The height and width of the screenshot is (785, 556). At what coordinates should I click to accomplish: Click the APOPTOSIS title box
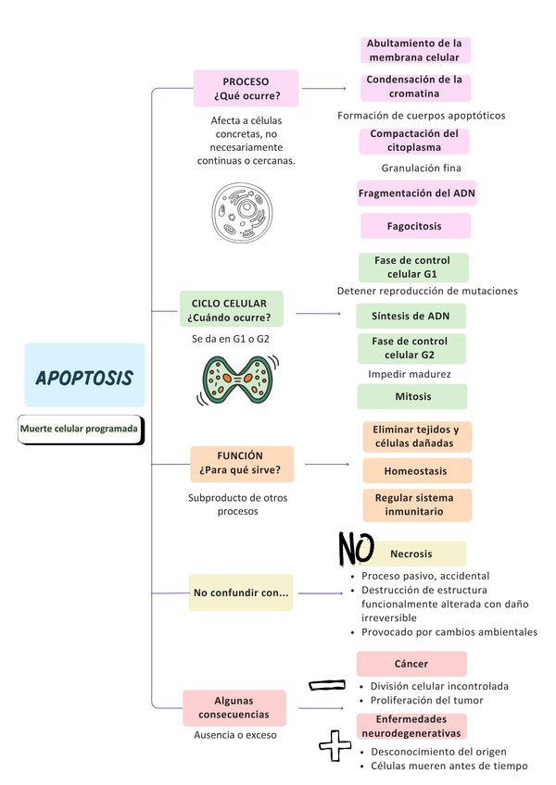tap(84, 376)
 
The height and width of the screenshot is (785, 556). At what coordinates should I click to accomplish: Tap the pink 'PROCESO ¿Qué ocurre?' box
tap(246, 88)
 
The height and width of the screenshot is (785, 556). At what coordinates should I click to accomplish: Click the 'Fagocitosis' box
tap(414, 226)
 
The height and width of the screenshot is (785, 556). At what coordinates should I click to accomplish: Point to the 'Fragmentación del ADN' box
tap(416, 193)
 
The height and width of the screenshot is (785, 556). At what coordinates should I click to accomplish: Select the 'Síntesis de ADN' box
tap(411, 316)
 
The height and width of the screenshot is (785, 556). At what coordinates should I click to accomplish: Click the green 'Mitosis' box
tap(412, 396)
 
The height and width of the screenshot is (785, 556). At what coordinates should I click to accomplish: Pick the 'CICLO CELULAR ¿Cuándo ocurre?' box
tap(230, 310)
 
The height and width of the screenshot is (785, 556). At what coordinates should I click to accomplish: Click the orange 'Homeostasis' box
tap(416, 471)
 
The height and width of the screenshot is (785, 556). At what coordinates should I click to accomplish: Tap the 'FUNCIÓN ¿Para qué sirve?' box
tap(241, 464)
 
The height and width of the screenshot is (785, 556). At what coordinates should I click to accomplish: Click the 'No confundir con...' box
tap(240, 592)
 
